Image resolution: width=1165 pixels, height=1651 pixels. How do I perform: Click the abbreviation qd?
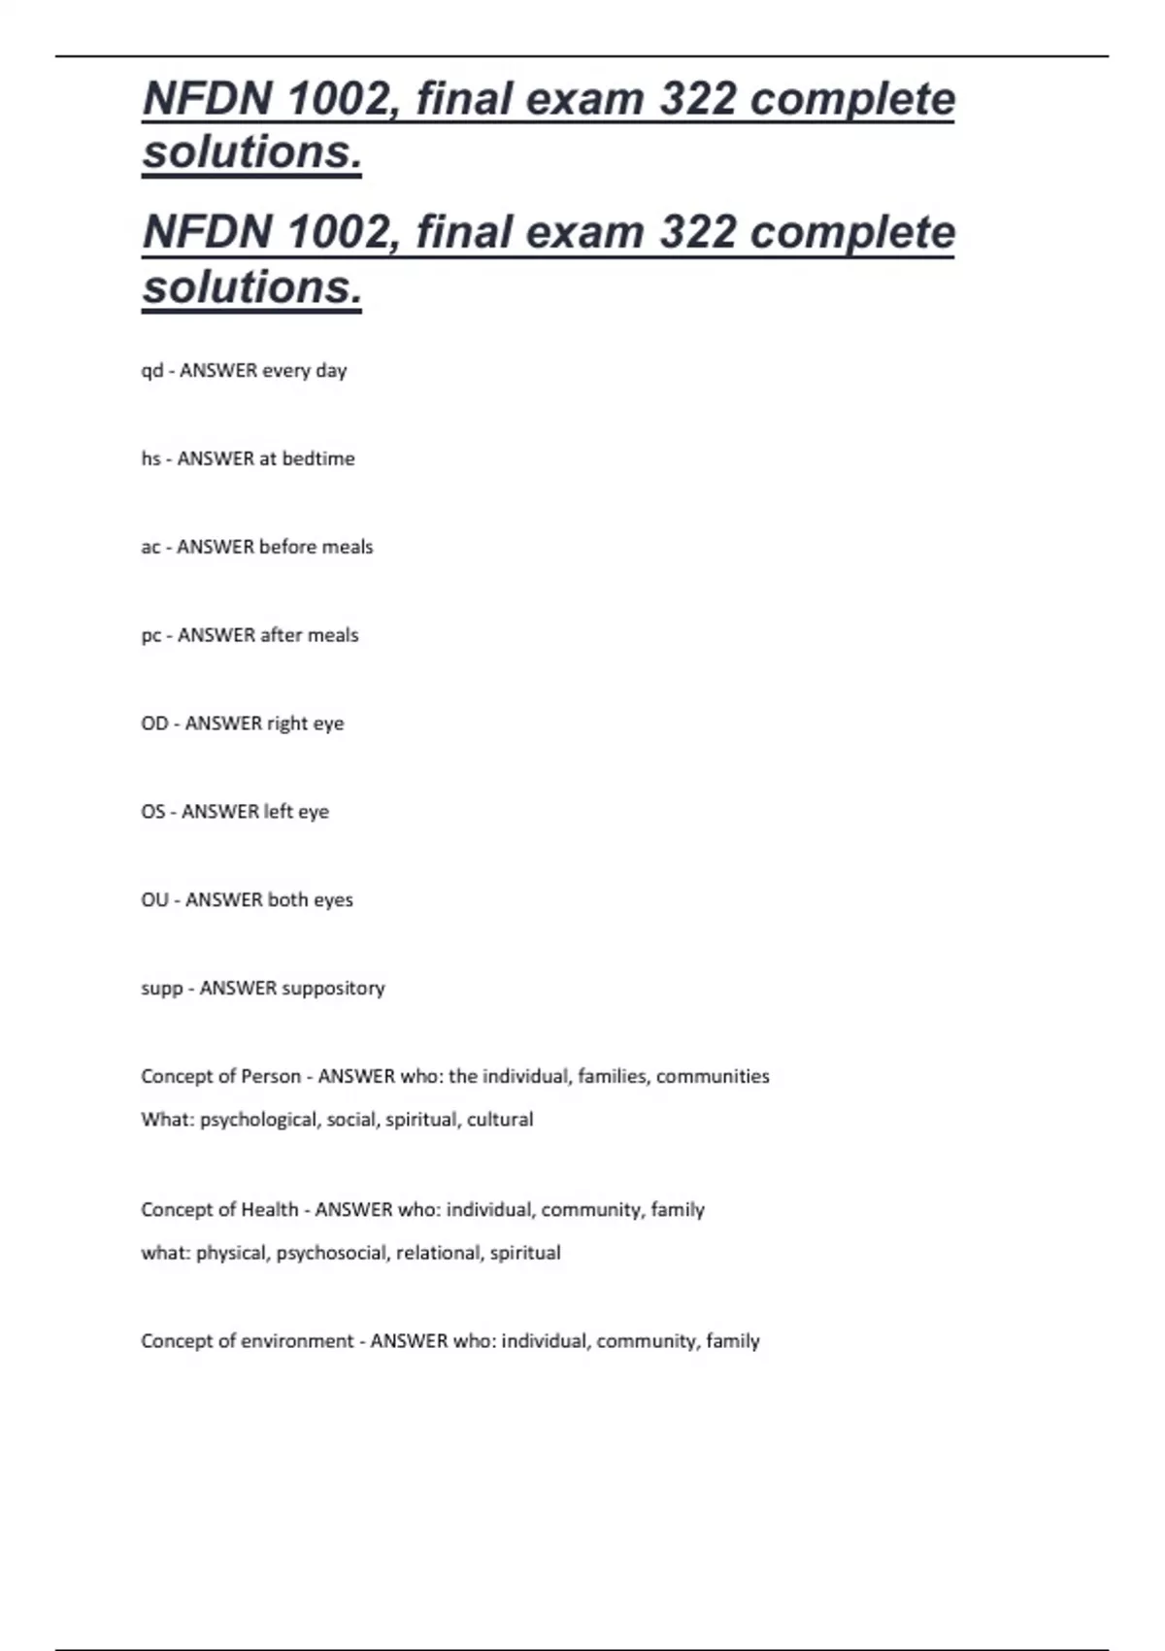pyautogui.click(x=152, y=371)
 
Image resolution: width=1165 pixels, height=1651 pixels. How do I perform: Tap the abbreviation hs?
pyautogui.click(x=150, y=458)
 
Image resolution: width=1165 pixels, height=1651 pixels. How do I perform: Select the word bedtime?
pyautogui.click(x=318, y=458)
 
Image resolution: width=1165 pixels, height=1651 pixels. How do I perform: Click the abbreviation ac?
pyautogui.click(x=150, y=548)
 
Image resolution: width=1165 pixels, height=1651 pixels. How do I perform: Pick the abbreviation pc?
pyautogui.click(x=151, y=636)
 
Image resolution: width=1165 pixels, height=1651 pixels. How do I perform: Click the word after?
pyautogui.click(x=281, y=635)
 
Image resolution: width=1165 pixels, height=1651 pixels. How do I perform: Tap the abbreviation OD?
pyautogui.click(x=154, y=724)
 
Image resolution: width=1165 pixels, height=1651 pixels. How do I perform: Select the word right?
pyautogui.click(x=286, y=724)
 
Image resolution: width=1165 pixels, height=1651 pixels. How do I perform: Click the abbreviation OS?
pyautogui.click(x=153, y=812)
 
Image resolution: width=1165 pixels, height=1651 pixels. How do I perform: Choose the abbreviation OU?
pyautogui.click(x=154, y=900)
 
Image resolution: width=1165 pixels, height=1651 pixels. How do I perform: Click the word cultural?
pyautogui.click(x=500, y=1120)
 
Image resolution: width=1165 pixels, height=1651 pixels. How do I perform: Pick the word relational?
pyautogui.click(x=438, y=1253)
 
